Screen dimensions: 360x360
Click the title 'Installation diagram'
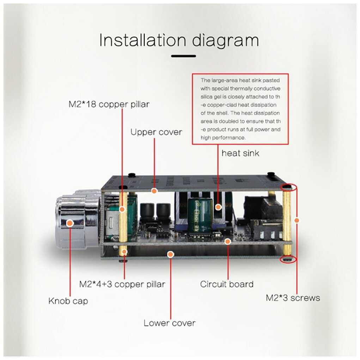tap(179, 41)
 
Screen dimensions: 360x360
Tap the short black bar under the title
tap(183, 56)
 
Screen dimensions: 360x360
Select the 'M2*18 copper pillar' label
tap(109, 104)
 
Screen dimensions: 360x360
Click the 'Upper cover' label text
tap(156, 132)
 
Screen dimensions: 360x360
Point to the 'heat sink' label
tap(240, 153)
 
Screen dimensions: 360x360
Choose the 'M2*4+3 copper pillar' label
tap(122, 284)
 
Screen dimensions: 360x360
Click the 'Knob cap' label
tap(68, 301)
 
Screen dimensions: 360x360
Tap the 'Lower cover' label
tap(170, 323)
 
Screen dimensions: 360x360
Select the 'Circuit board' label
tap(227, 284)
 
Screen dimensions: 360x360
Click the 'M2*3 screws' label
tap(293, 298)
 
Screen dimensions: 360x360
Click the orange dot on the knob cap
tap(70, 223)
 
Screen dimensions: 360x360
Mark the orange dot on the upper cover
tap(154, 191)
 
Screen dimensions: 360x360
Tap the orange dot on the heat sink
tap(218, 207)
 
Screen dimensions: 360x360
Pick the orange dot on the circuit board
tap(227, 241)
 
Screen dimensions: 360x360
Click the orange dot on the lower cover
tap(171, 254)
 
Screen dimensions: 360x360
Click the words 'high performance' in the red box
tap(223, 138)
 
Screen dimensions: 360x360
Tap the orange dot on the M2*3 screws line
tap(297, 220)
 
